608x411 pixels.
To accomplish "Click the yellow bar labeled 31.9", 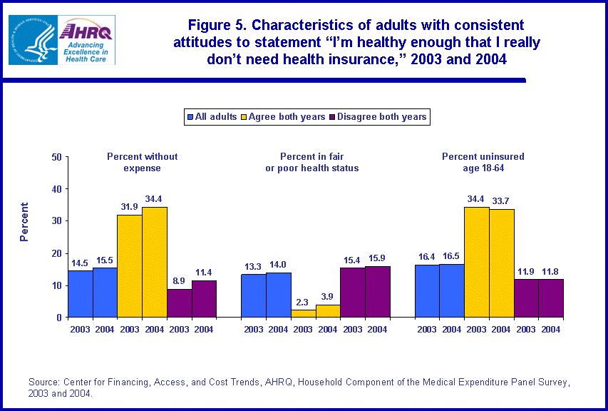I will point(129,265).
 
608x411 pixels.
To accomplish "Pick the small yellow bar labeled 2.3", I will point(303,313).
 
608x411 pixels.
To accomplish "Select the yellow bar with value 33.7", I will point(501,263).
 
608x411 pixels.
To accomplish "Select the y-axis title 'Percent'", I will point(24,222).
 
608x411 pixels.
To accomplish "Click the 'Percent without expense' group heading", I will point(143,162).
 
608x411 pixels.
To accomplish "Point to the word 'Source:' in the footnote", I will point(44,383).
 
